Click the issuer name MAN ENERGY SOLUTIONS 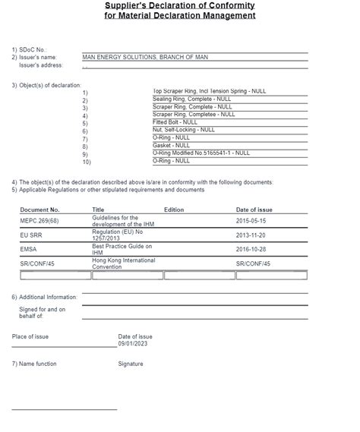pos(144,57)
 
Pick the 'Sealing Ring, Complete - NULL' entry pos(192,99)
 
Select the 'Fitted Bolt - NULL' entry pos(175,122)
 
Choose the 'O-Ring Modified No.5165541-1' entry pos(201,153)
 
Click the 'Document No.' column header pos(39,209)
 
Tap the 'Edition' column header pos(174,209)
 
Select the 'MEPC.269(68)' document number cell pos(38,220)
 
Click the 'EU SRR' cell pos(31,235)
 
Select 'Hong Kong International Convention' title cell pos(122,263)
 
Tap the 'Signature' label pos(131,364)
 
